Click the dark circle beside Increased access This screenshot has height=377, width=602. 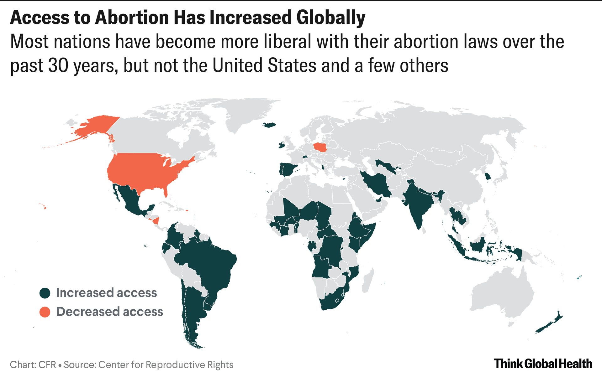pyautogui.click(x=45, y=293)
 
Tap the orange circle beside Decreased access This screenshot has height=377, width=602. pyautogui.click(x=45, y=312)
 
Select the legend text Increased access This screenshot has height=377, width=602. pyautogui.click(x=106, y=293)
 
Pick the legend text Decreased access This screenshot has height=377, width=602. pyautogui.click(x=109, y=312)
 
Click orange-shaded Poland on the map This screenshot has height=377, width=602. pyautogui.click(x=320, y=147)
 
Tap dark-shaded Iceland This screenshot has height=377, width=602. pyautogui.click(x=269, y=125)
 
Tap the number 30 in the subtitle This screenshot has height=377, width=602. pyautogui.click(x=58, y=65)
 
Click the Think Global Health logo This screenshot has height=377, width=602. pyautogui.click(x=543, y=364)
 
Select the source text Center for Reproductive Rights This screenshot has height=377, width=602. pyautogui.click(x=166, y=365)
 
